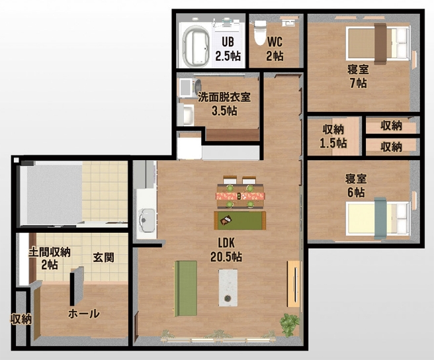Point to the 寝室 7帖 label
358,76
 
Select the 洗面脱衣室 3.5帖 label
224,103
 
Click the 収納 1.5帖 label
333,136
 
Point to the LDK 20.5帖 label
226,249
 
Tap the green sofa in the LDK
185,288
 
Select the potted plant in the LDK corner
290,324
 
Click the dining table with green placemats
239,195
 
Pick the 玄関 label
103,257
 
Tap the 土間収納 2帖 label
49,258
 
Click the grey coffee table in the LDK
229,288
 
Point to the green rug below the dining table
239,219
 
